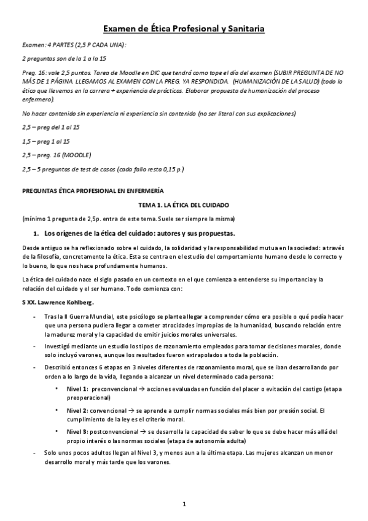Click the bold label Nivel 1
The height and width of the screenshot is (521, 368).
[x=77, y=389]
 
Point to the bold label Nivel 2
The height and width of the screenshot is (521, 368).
[x=77, y=410]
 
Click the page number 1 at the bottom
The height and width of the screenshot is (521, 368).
[x=184, y=504]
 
